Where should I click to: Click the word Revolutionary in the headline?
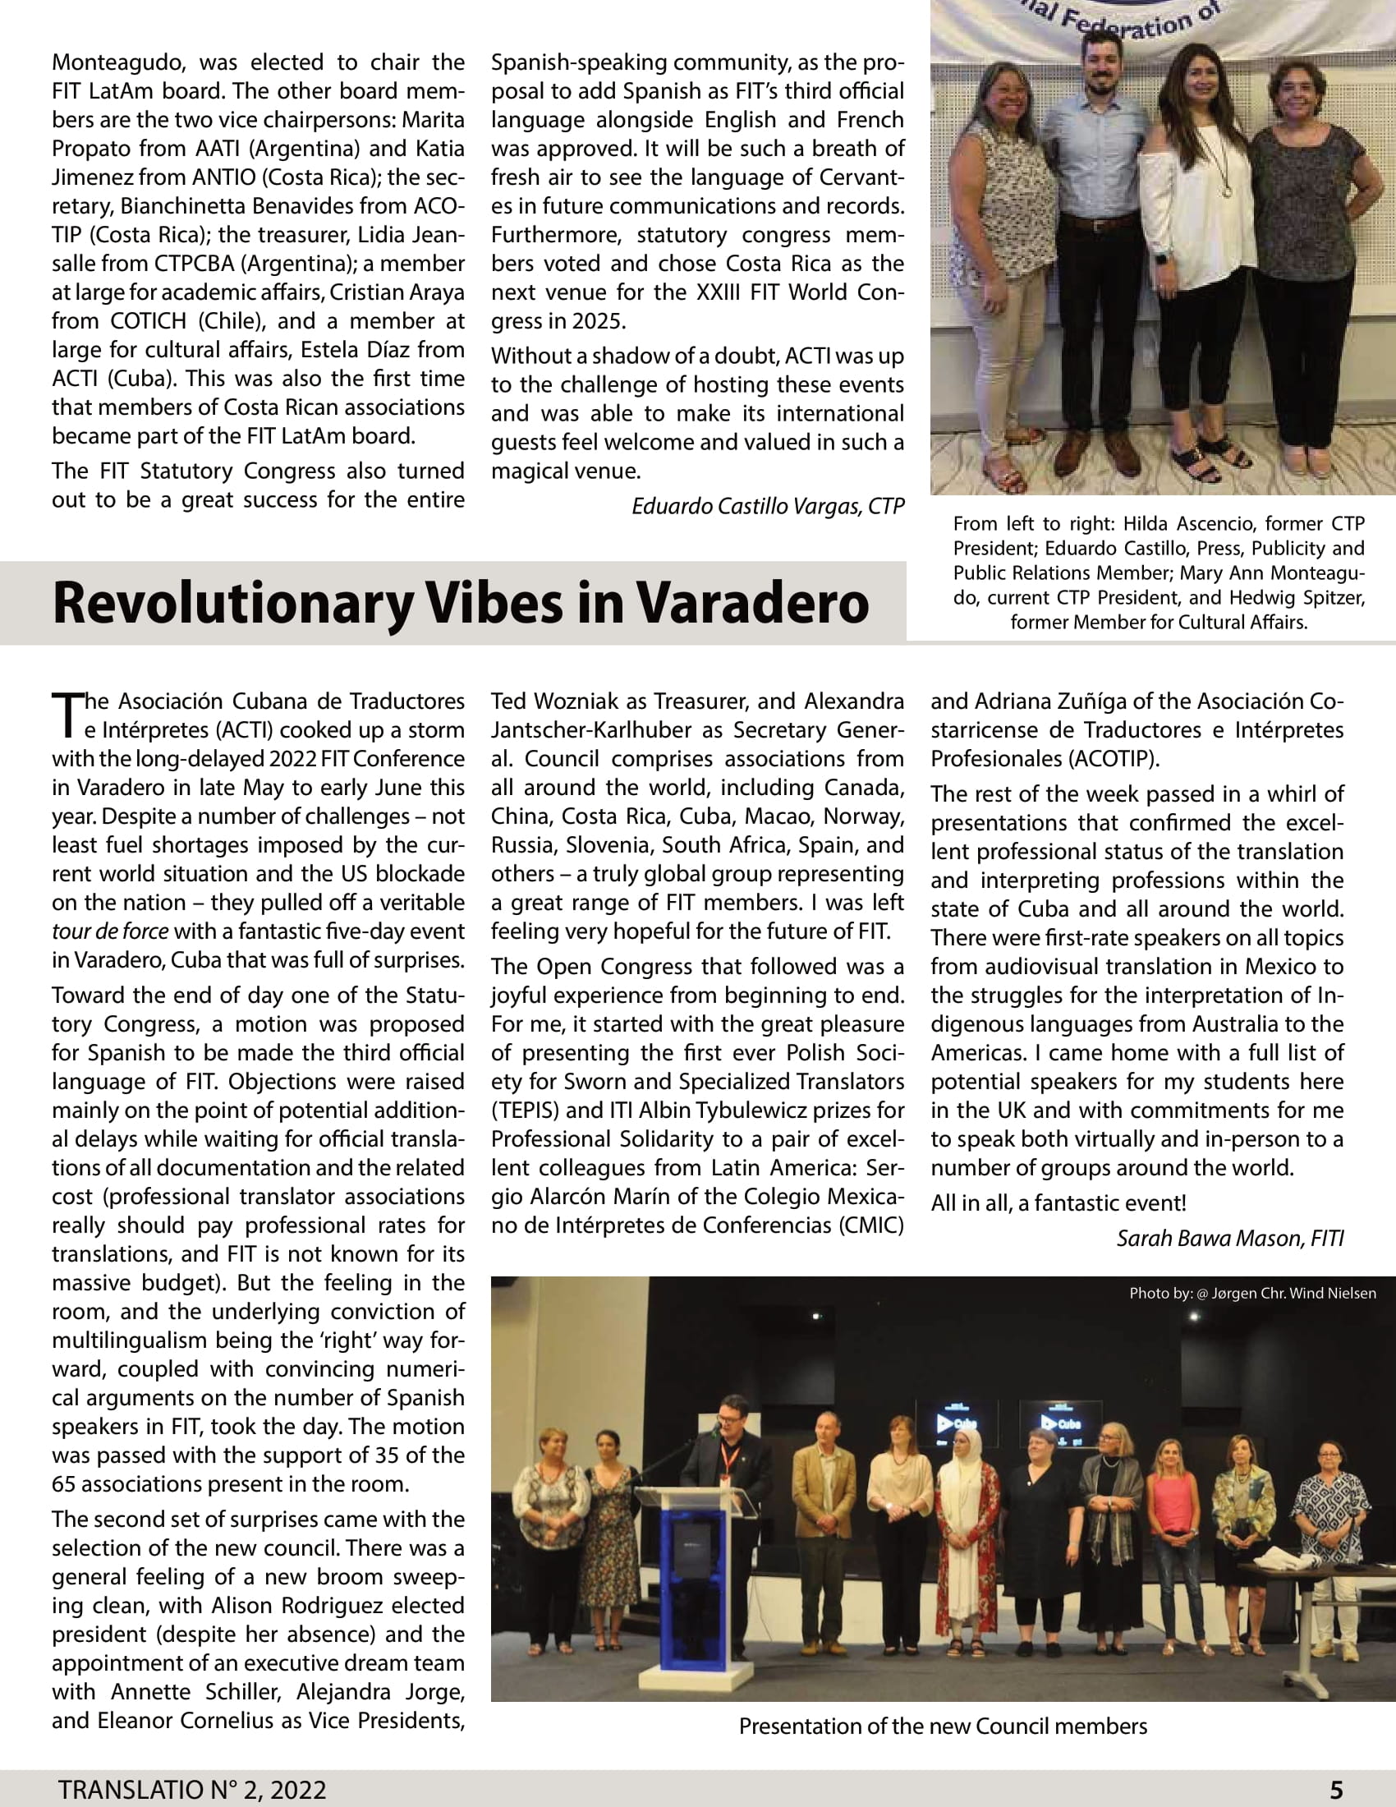tap(232, 602)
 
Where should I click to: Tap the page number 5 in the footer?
tap(1336, 1790)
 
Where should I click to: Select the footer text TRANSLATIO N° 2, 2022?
tap(192, 1790)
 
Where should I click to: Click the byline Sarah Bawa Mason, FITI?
tap(1230, 1238)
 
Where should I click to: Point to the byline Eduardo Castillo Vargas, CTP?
tap(768, 505)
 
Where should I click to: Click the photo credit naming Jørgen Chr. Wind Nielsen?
tap(1252, 1293)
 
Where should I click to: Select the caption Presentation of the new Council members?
tap(943, 1726)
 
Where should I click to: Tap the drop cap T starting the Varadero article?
tap(66, 715)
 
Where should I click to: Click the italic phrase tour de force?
tap(110, 931)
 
